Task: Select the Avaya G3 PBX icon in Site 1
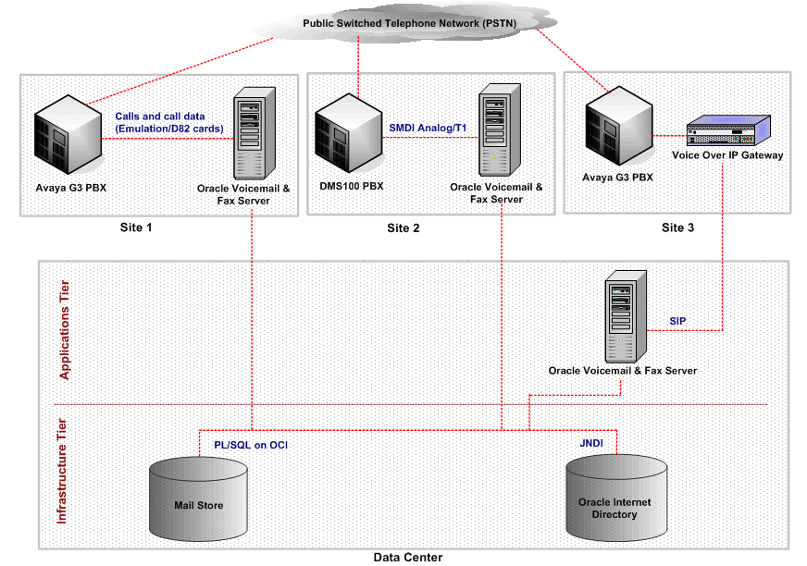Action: [67, 136]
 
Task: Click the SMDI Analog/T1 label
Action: [427, 127]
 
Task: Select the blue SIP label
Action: [678, 320]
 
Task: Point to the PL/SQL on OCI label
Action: [250, 445]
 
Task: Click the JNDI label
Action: [591, 444]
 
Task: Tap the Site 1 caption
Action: [138, 228]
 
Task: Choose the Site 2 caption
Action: [404, 228]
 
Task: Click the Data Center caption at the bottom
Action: [408, 557]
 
